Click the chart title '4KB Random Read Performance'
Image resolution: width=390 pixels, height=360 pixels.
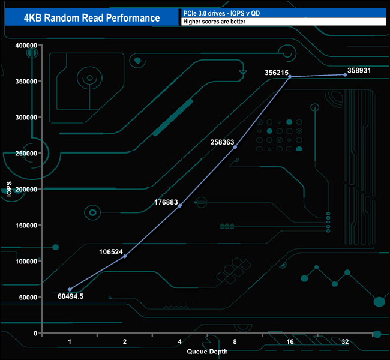[x=92, y=18]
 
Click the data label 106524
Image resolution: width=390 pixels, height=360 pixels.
[x=110, y=251]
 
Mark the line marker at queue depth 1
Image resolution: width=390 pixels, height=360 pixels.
[x=70, y=290]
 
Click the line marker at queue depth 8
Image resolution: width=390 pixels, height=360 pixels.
[x=235, y=147]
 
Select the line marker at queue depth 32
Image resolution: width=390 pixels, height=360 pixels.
[x=345, y=74]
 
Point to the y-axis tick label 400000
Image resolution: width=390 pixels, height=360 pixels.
[x=27, y=45]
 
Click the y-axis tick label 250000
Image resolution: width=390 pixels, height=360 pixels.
[x=27, y=153]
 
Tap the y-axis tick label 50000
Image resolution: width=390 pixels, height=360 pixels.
[x=29, y=297]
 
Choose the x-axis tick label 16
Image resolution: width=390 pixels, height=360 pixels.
[x=290, y=341]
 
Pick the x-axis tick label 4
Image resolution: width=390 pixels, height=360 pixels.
[x=180, y=341]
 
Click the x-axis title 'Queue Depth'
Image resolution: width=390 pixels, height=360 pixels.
[x=207, y=351]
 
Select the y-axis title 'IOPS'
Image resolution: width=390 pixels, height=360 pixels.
[x=8, y=189]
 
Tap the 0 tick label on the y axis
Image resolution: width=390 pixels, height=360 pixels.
[x=36, y=333]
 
